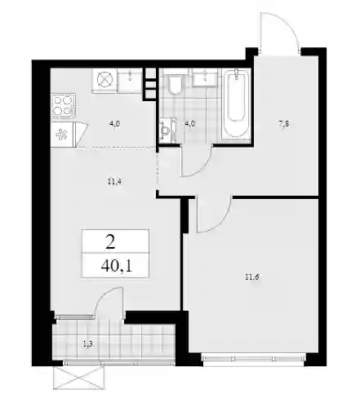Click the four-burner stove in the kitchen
(x=63, y=106)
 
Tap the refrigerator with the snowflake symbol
(x=63, y=135)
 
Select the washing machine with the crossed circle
(x=104, y=81)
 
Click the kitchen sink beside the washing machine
(x=130, y=81)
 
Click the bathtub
(x=236, y=104)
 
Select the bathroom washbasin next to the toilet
(x=205, y=77)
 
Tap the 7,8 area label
(x=284, y=124)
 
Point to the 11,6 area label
(x=252, y=277)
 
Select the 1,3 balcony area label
(x=87, y=344)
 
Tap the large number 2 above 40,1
(x=110, y=243)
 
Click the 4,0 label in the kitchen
(x=115, y=124)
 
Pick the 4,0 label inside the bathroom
(x=189, y=124)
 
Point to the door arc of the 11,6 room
(x=224, y=223)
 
